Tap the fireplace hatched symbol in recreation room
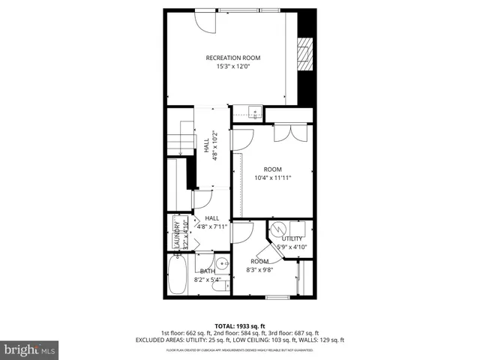pyautogui.click(x=303, y=54)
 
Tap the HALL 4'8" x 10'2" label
pyautogui.click(x=211, y=146)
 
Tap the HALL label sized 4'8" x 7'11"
pyautogui.click(x=211, y=222)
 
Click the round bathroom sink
pyautogui.click(x=222, y=265)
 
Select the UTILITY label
pyautogui.click(x=292, y=238)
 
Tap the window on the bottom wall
pyautogui.click(x=277, y=297)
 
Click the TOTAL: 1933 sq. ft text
pyautogui.click(x=240, y=325)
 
